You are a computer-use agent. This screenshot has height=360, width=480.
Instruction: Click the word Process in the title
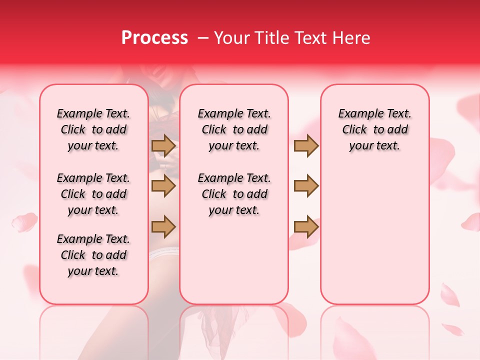pyautogui.click(x=154, y=38)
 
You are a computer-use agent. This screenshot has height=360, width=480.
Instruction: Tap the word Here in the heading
pyautogui.click(x=352, y=38)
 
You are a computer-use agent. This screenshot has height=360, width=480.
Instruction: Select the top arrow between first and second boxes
pyautogui.click(x=163, y=145)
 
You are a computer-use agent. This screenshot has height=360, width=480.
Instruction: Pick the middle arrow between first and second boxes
pyautogui.click(x=163, y=186)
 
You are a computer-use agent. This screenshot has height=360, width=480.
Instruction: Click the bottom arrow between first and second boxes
pyautogui.click(x=163, y=226)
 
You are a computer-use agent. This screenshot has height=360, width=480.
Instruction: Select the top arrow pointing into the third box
pyautogui.click(x=306, y=145)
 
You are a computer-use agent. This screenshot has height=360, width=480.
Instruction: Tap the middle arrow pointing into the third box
pyautogui.click(x=306, y=186)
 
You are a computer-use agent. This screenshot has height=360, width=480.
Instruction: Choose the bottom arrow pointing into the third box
pyautogui.click(x=306, y=226)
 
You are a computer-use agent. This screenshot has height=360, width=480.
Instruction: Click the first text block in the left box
pyautogui.click(x=93, y=129)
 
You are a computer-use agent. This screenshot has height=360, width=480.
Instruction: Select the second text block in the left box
pyautogui.click(x=93, y=194)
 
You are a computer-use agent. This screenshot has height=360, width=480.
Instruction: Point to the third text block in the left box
pyautogui.click(x=93, y=255)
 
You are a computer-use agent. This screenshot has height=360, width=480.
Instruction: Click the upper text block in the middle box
pyautogui.click(x=234, y=129)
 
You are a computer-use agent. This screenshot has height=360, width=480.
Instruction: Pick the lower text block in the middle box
pyautogui.click(x=234, y=194)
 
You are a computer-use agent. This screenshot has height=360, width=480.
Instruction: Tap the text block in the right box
pyautogui.click(x=375, y=129)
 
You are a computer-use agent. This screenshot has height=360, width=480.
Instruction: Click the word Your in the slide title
pyautogui.click(x=230, y=38)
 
